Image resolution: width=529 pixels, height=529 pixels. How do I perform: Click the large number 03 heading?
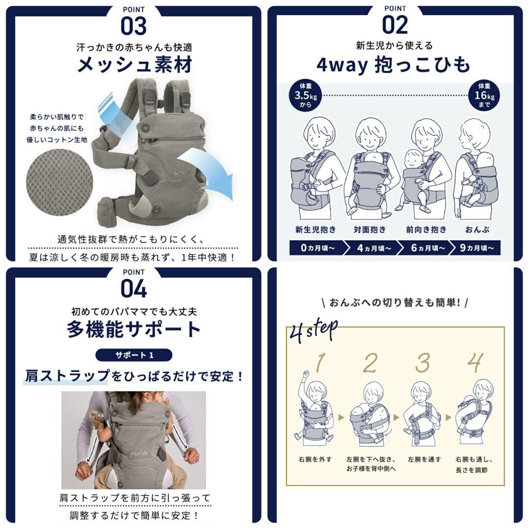click(134, 25)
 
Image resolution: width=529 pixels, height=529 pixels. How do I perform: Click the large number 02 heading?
click(395, 24)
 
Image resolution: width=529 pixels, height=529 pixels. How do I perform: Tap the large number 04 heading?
click(134, 289)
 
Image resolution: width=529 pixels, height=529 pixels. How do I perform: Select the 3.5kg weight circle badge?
click(306, 95)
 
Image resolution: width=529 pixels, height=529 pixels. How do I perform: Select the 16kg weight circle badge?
click(484, 95)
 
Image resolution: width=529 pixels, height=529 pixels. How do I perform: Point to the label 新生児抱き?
click(315, 230)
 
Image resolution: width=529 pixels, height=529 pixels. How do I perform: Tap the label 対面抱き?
click(370, 230)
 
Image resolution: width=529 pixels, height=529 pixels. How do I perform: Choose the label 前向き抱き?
click(426, 230)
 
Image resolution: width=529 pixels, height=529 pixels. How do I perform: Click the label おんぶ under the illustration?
click(477, 230)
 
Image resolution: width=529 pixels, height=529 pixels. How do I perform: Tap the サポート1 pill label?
click(134, 355)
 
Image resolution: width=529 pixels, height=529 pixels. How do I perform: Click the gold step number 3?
click(422, 363)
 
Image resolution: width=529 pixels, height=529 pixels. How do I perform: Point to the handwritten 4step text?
click(313, 330)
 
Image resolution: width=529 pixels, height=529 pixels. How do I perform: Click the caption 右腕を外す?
click(315, 459)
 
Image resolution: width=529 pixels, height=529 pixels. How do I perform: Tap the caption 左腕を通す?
click(424, 459)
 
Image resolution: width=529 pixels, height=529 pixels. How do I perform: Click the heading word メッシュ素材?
click(135, 65)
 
